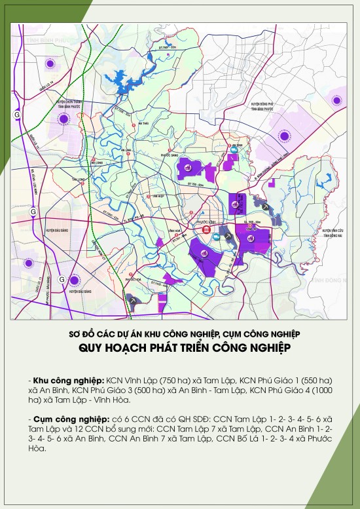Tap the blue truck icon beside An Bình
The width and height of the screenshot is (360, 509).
pos(234,155)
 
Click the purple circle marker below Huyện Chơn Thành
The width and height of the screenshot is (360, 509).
pos(63,119)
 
